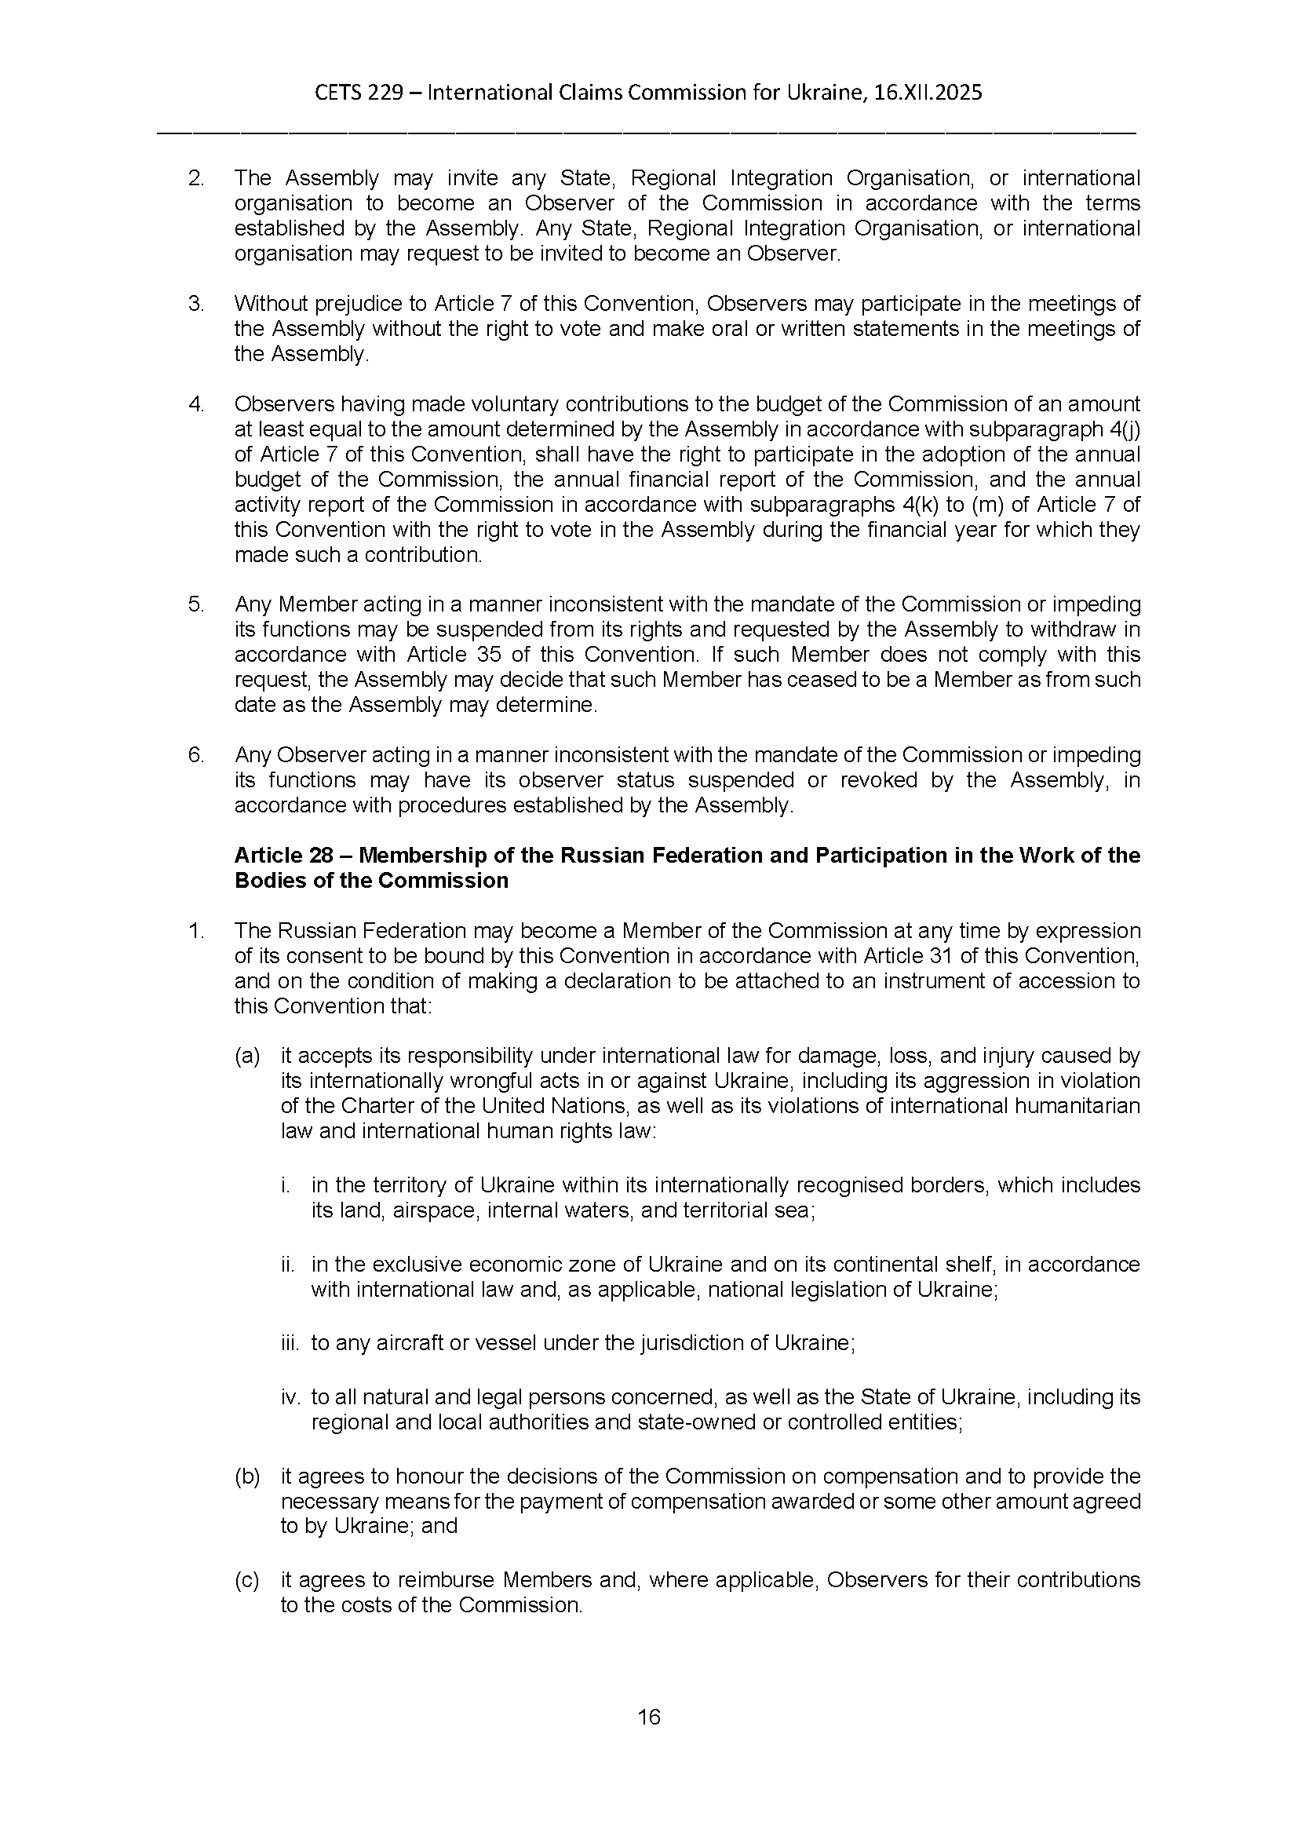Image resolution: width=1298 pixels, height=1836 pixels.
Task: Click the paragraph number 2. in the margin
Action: (196, 178)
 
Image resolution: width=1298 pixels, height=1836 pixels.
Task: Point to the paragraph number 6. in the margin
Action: (196, 755)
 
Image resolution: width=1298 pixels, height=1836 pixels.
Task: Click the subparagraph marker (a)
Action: (247, 1057)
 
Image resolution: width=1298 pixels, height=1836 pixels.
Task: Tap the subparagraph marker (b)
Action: (247, 1476)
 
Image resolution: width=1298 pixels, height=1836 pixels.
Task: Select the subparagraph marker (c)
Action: (247, 1580)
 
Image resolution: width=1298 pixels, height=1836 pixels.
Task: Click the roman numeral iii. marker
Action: (290, 1342)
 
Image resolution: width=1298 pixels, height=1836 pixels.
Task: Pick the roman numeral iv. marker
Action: (290, 1397)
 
